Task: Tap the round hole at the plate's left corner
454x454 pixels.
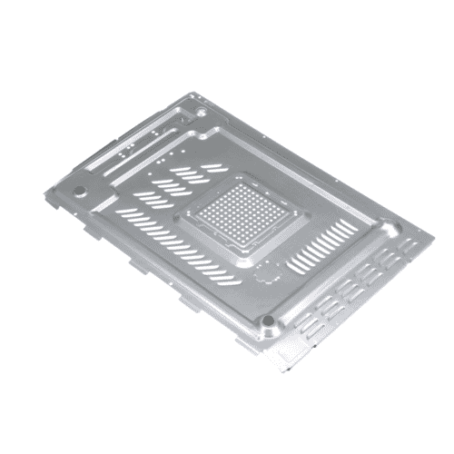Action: (x=79, y=192)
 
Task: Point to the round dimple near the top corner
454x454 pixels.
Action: (x=201, y=111)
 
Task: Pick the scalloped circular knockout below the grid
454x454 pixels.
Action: (x=264, y=271)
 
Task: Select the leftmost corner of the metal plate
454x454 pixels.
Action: (x=61, y=189)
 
